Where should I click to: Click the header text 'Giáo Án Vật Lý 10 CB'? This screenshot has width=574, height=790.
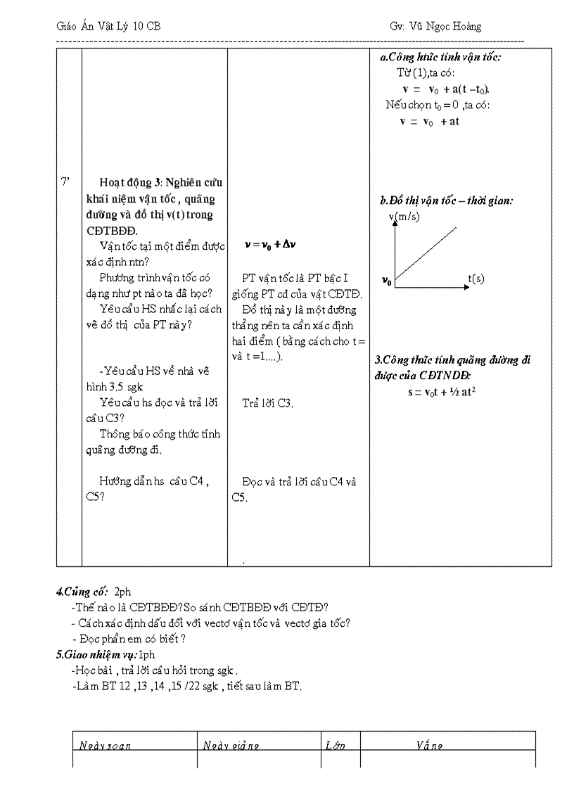click(108, 27)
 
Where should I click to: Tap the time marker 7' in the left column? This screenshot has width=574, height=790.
click(65, 183)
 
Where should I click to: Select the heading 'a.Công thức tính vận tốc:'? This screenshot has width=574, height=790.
click(440, 58)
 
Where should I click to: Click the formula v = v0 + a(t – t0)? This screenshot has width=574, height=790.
click(446, 89)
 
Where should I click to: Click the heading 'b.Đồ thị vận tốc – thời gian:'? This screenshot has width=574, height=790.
click(446, 200)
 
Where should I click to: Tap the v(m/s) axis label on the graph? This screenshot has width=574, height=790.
click(404, 217)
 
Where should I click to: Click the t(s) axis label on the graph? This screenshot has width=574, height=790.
click(476, 279)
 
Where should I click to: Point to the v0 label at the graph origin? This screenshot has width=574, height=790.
click(387, 281)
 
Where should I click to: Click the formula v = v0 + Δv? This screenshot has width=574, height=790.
click(271, 245)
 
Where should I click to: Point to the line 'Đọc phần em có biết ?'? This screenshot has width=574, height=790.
click(129, 639)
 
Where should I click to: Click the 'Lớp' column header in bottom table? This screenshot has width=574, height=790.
click(336, 746)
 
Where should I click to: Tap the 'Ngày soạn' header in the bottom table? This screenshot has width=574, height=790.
click(105, 746)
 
